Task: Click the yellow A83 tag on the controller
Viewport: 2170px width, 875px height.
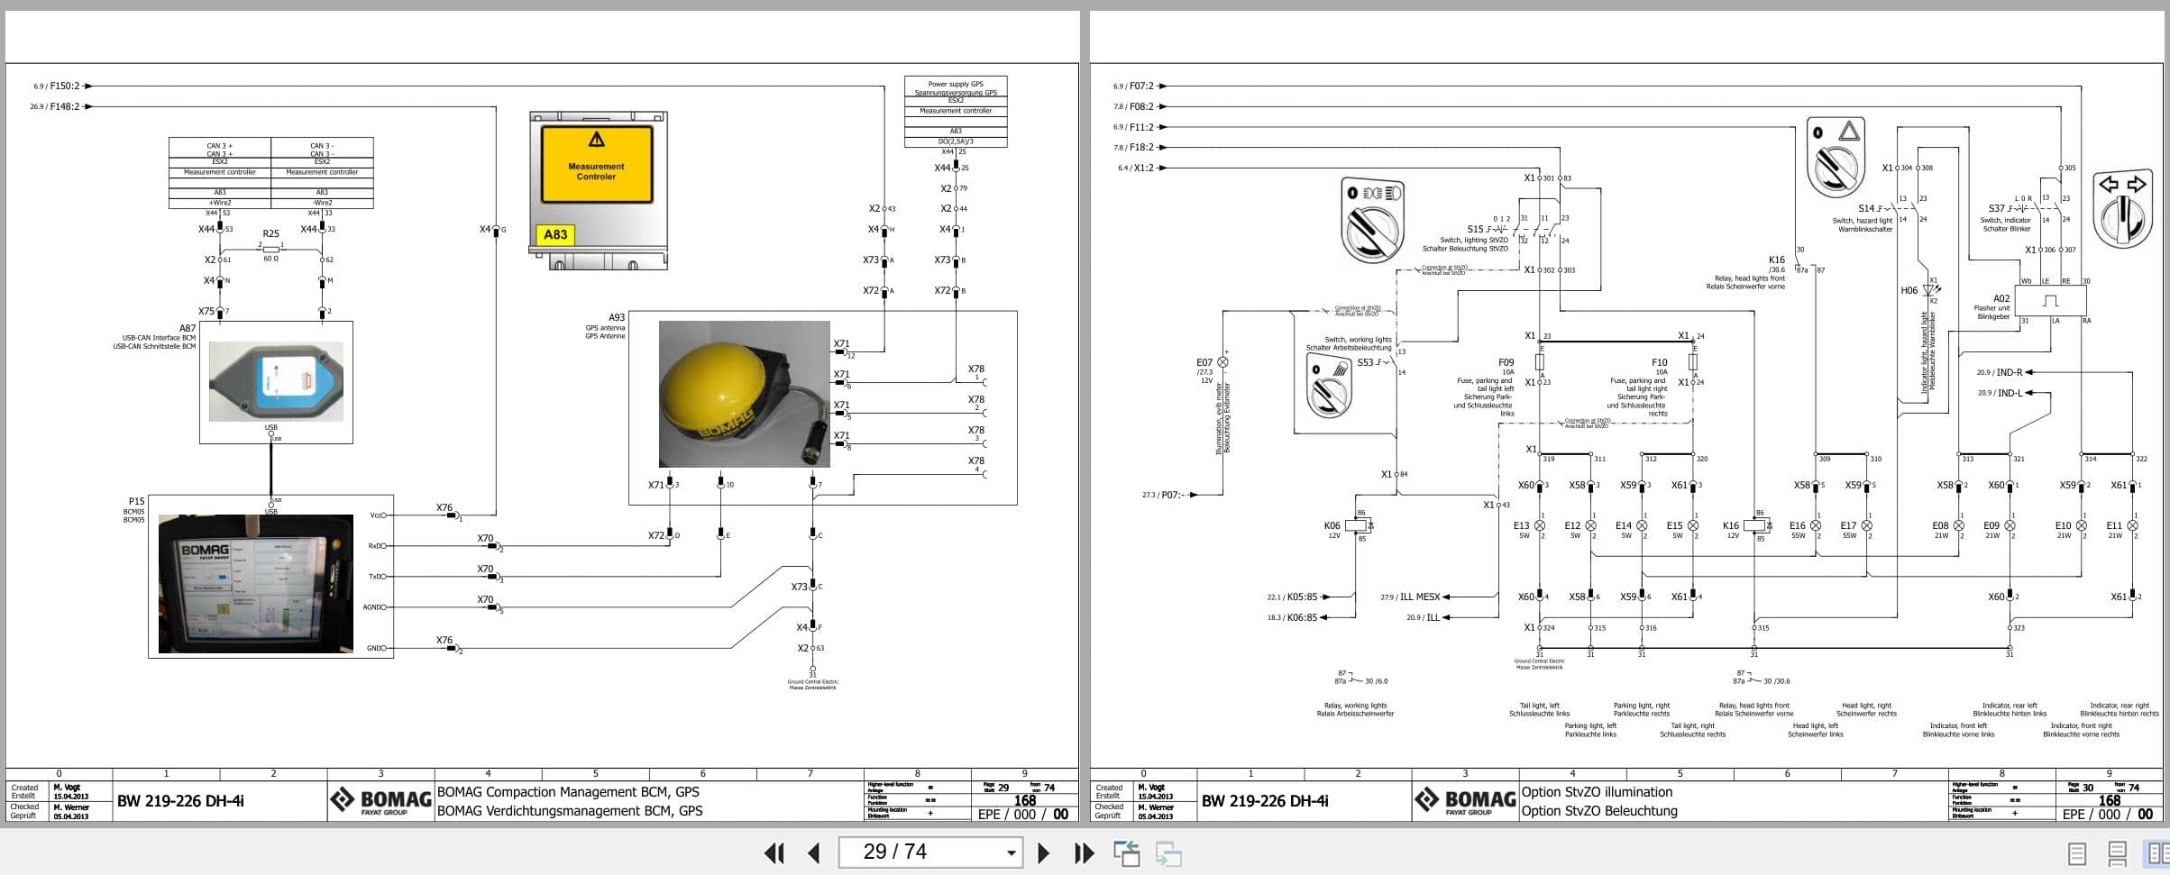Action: click(555, 235)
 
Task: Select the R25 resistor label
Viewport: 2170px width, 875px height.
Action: click(270, 233)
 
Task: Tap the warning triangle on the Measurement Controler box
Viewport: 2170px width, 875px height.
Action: click(596, 140)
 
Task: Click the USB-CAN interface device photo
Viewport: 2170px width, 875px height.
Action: click(276, 380)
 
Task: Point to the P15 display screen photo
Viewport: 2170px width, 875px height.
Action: click(255, 583)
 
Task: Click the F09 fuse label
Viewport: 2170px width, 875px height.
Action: click(1506, 362)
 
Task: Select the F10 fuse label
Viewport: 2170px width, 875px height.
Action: click(1659, 362)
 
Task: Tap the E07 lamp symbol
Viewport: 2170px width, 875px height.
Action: click(1222, 362)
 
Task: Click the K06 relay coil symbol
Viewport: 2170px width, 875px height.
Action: click(1355, 525)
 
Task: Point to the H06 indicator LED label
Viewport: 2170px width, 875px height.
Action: click(1909, 290)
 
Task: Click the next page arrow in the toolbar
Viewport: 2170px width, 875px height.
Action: click(1043, 852)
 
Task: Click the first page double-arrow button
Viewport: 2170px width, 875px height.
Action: click(774, 852)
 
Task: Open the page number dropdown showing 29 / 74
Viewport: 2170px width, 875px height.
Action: click(1012, 852)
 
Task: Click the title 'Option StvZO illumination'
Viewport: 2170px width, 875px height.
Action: click(1597, 792)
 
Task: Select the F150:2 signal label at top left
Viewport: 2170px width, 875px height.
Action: click(64, 87)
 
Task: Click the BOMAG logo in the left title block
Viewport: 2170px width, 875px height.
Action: click(380, 800)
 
